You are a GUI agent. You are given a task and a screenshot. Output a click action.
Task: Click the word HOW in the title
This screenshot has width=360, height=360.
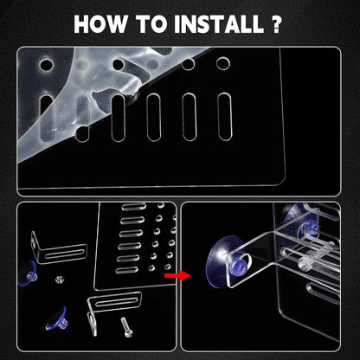(100, 23)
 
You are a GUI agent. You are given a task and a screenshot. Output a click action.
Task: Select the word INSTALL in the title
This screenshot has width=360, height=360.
(219, 23)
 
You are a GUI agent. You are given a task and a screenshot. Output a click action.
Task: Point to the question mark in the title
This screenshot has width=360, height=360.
(276, 23)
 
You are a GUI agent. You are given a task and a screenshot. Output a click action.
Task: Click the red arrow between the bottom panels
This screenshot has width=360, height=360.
(177, 275)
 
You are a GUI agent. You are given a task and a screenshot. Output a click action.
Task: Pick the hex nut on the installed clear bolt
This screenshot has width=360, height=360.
(303, 263)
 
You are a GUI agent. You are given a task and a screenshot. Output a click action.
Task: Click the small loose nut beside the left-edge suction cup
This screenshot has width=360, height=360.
(59, 279)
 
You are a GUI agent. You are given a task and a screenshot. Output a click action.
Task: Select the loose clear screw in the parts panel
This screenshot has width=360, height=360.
(126, 327)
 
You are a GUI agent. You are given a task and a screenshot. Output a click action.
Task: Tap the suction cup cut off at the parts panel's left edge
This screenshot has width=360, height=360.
(28, 273)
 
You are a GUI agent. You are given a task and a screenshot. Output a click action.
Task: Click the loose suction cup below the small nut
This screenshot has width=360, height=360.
(57, 319)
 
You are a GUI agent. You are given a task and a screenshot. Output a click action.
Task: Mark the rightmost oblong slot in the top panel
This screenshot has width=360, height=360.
(225, 116)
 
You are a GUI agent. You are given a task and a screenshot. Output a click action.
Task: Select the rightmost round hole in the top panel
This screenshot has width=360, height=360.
(223, 63)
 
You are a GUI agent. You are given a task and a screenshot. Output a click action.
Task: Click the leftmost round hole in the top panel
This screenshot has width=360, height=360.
(46, 65)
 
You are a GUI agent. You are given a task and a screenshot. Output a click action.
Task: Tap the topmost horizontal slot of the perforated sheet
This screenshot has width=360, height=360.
(133, 207)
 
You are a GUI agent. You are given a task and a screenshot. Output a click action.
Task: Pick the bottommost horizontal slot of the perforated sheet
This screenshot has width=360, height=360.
(127, 270)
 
